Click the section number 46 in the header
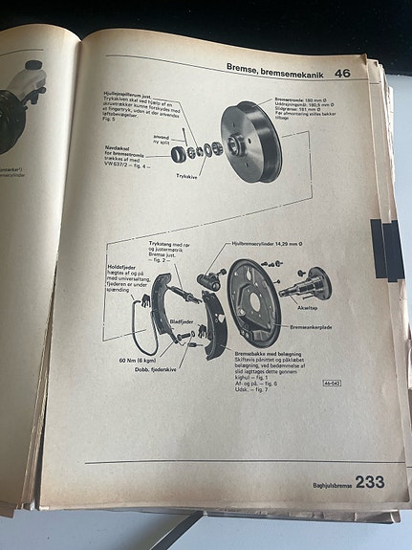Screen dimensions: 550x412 coord(341,73)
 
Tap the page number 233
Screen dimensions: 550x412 coord(369,482)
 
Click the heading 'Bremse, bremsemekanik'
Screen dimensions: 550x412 coord(277,69)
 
